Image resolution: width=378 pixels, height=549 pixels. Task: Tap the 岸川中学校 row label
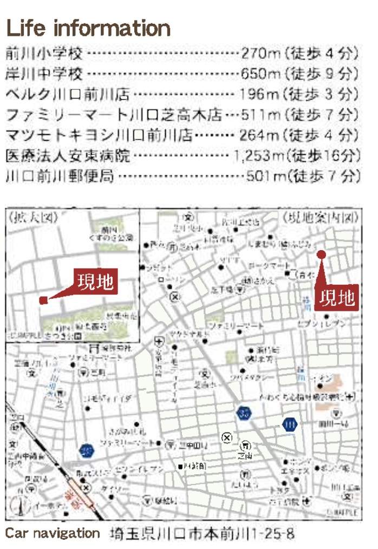(x=44, y=74)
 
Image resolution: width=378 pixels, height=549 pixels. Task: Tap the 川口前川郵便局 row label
(x=60, y=176)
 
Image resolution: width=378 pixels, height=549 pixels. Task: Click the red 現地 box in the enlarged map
(x=95, y=282)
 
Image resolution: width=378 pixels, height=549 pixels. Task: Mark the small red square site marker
(x=43, y=300)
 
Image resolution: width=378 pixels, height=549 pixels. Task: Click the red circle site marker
(x=321, y=254)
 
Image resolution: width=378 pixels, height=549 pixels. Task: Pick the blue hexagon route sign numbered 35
(x=243, y=413)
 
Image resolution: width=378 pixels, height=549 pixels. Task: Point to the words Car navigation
(x=53, y=533)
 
